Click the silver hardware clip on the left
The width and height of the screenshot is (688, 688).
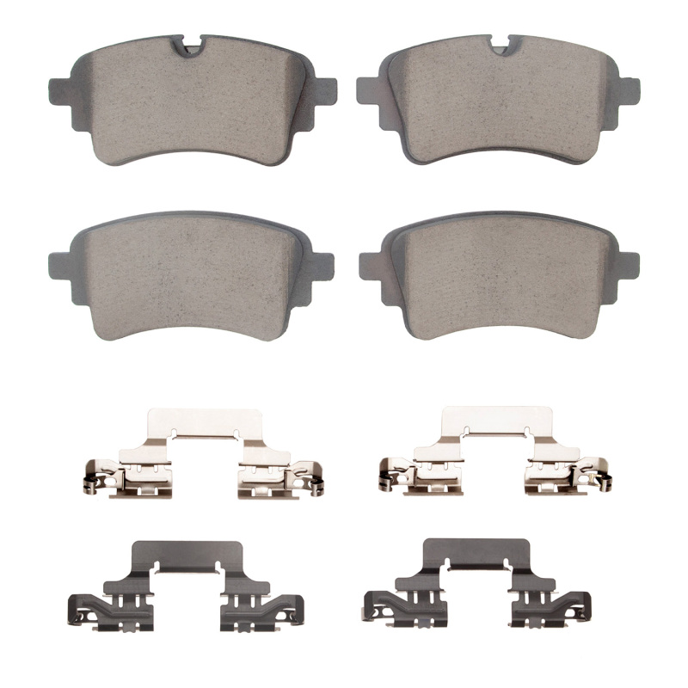pos(203,456)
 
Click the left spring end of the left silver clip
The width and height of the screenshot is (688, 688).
pos(91,482)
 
